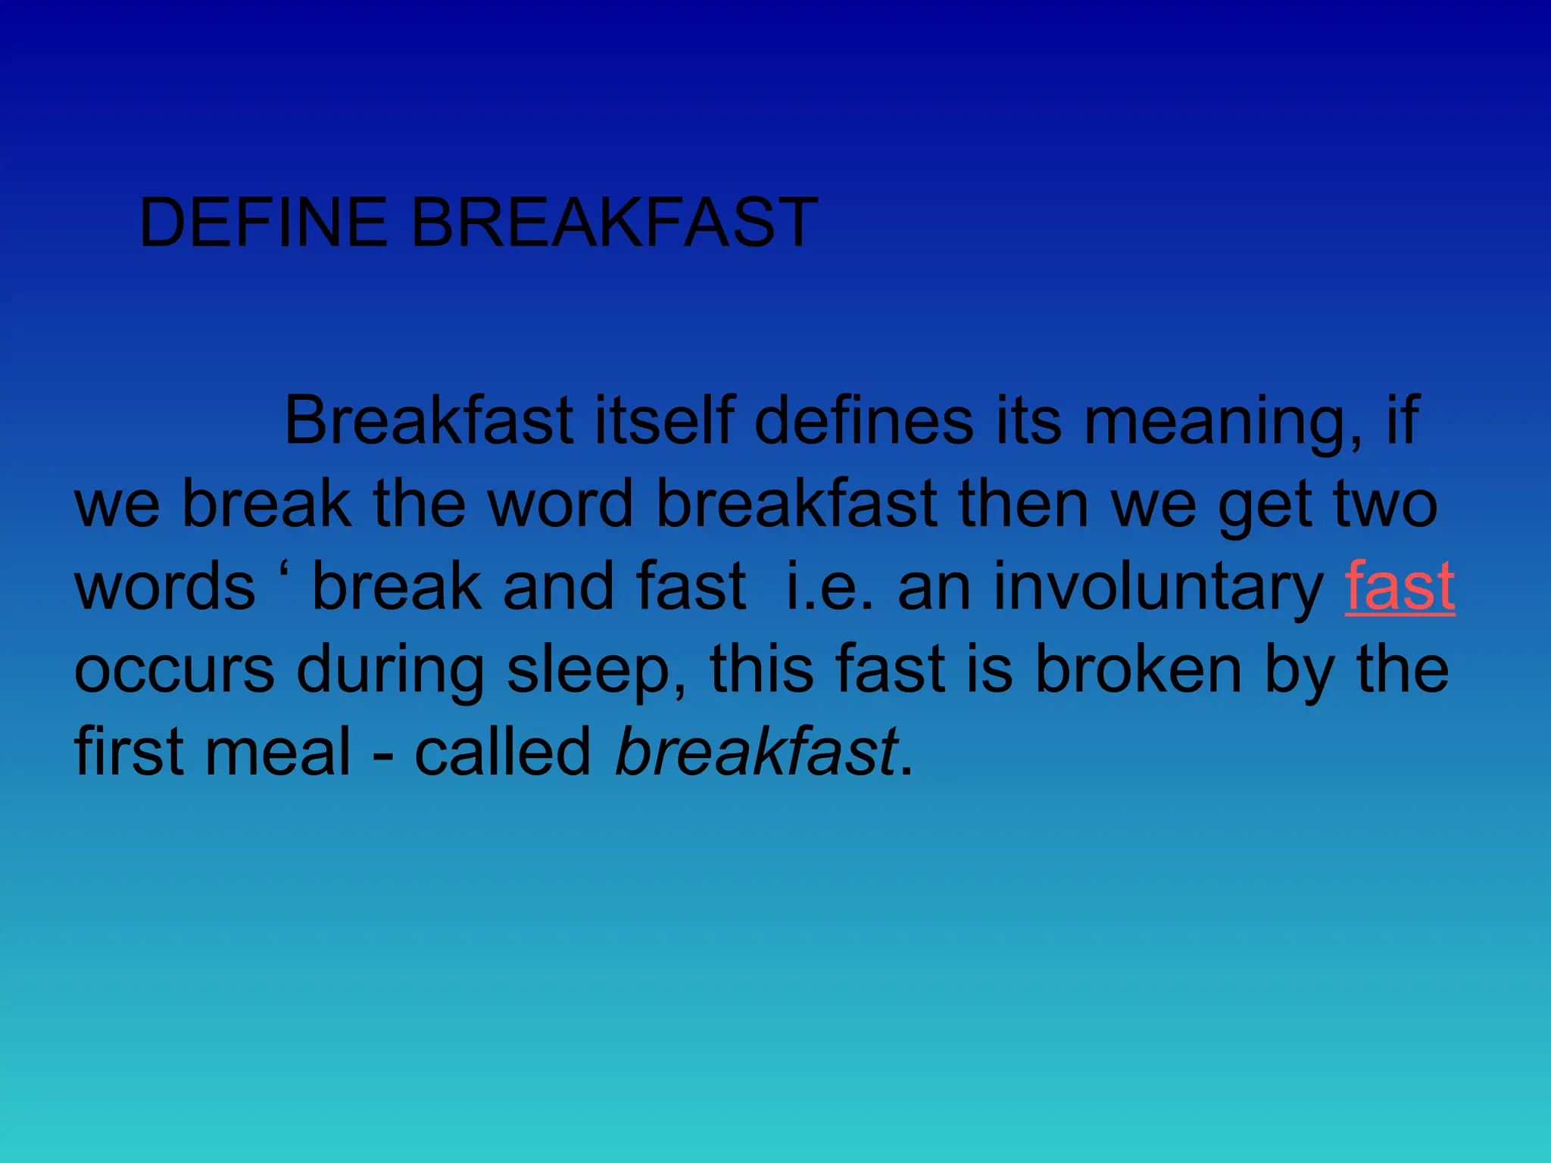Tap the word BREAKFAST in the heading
[x=614, y=222]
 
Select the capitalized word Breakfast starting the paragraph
[x=429, y=420]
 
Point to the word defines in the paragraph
[x=864, y=420]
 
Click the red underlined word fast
[x=1400, y=586]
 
